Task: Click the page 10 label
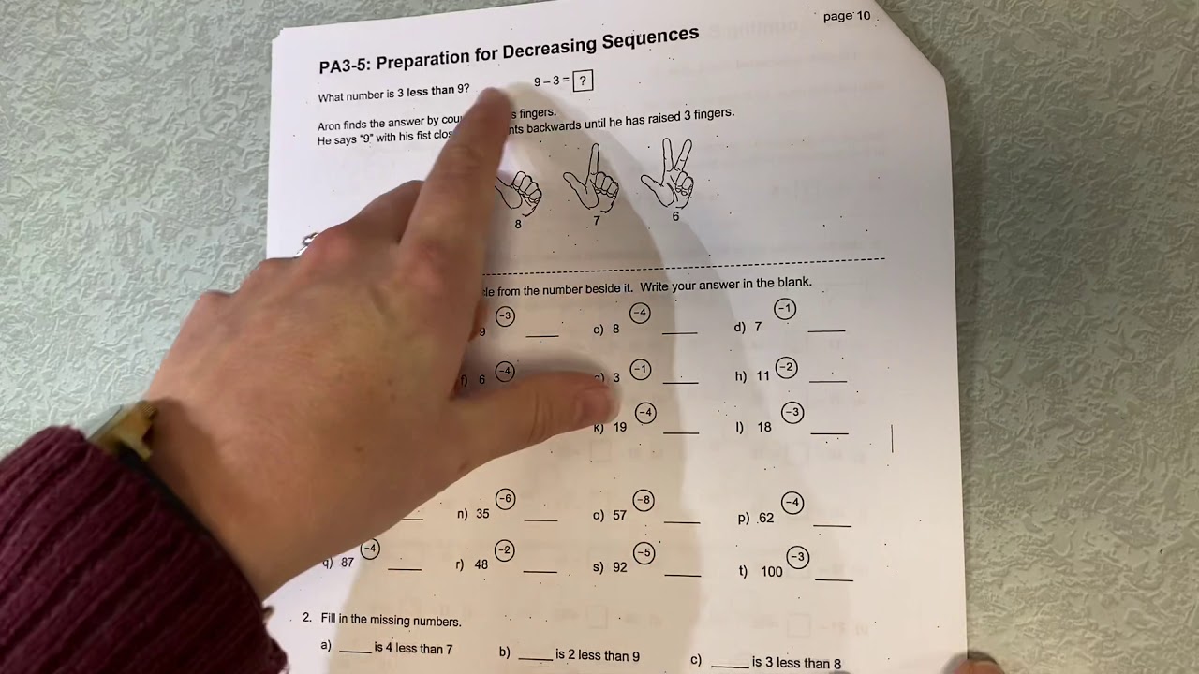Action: click(846, 16)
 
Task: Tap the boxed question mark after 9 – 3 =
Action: click(583, 81)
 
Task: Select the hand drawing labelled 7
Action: click(592, 180)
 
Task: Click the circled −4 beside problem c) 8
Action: click(640, 313)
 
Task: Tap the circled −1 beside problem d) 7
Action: click(785, 309)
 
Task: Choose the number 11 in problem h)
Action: click(762, 376)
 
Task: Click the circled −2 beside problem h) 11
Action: click(787, 368)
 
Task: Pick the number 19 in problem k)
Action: click(619, 427)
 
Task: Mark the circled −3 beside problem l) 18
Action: click(792, 412)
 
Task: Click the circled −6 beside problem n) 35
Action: click(506, 499)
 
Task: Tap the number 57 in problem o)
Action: click(619, 516)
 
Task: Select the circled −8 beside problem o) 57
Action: click(643, 500)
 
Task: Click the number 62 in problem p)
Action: click(765, 518)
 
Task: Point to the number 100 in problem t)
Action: click(771, 571)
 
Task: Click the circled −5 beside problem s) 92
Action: click(644, 552)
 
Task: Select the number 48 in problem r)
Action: click(481, 564)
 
